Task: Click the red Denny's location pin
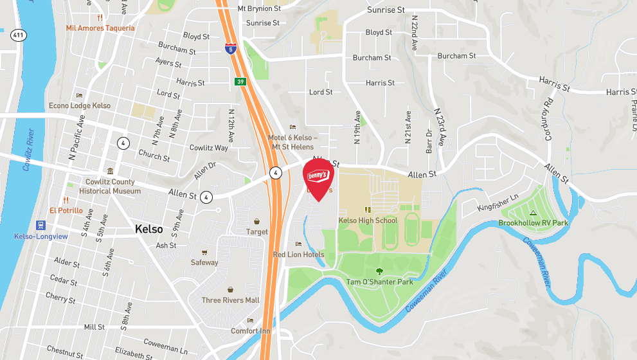click(318, 177)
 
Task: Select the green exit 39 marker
click(238, 82)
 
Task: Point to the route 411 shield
click(19, 36)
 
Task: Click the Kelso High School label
click(368, 221)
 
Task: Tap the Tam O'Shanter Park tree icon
click(379, 272)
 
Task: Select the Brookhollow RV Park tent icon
click(532, 213)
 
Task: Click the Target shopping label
click(257, 231)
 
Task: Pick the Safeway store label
click(204, 262)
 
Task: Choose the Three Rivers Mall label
click(230, 300)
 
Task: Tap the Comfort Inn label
click(251, 331)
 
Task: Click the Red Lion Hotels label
click(299, 255)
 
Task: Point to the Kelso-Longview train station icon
click(41, 226)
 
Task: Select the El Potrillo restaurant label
click(66, 210)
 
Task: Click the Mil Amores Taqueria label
click(100, 28)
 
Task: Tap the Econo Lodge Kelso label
click(80, 105)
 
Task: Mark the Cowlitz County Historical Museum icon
click(110, 172)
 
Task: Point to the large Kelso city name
click(148, 229)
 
